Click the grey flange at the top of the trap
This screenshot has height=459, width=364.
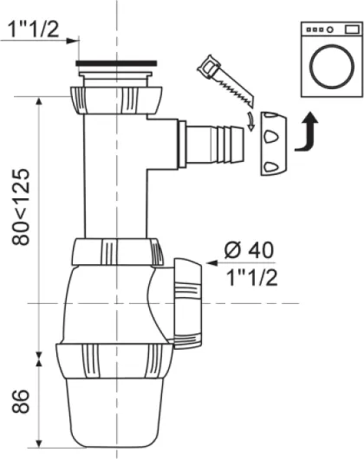(x=117, y=63)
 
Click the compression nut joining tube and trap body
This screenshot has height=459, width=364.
(x=117, y=252)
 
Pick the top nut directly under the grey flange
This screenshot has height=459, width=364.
(x=117, y=95)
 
